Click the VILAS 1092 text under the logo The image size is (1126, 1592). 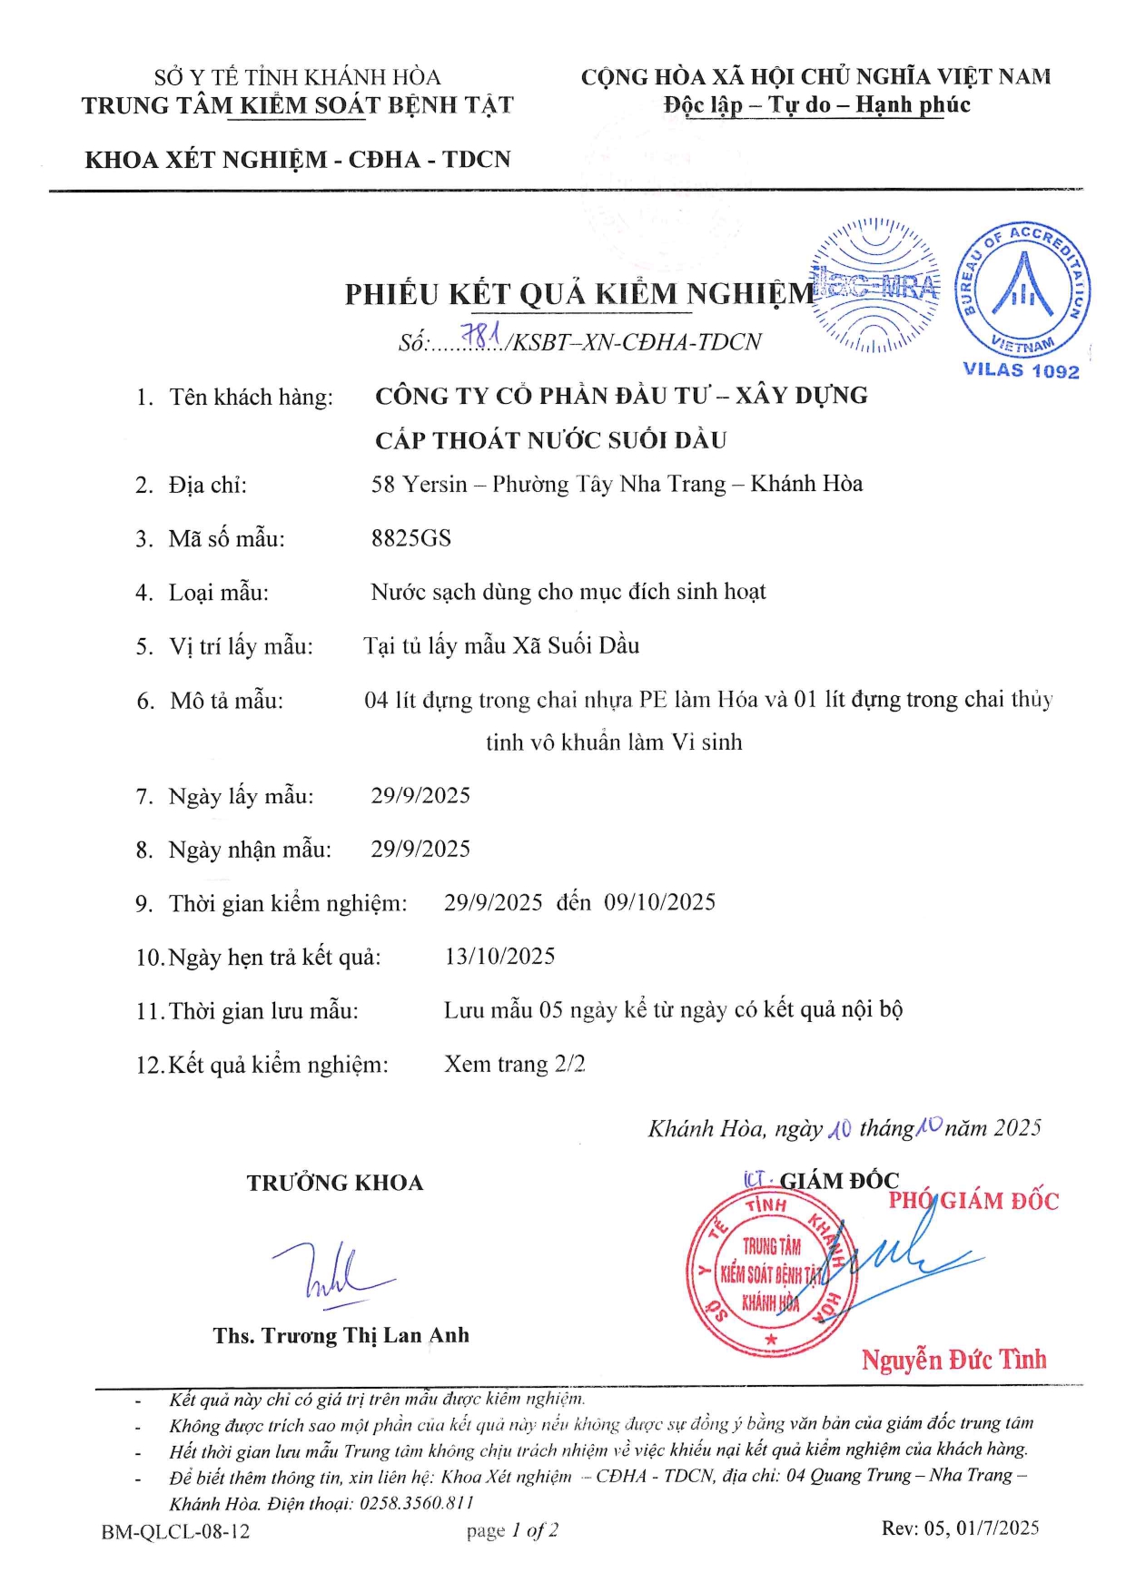point(1021,370)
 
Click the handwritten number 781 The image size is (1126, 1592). point(481,337)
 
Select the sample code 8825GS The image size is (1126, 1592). point(410,538)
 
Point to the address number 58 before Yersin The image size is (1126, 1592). point(383,485)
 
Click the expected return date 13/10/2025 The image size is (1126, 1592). point(499,956)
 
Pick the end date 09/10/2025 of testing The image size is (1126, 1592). point(660,902)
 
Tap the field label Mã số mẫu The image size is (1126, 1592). point(226,539)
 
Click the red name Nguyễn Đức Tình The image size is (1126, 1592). point(953,1360)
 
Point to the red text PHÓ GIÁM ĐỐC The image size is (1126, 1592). point(973,1201)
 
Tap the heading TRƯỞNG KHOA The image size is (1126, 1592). point(335,1183)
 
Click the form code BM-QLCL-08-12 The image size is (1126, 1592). point(175,1532)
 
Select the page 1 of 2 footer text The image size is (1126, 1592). point(512,1531)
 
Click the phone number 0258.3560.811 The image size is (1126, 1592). point(417,1503)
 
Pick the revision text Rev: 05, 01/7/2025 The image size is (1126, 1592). point(960,1528)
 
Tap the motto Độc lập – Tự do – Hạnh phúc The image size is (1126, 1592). point(816,105)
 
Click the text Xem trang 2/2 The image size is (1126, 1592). point(514,1064)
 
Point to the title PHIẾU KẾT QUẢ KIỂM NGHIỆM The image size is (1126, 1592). point(579,294)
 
